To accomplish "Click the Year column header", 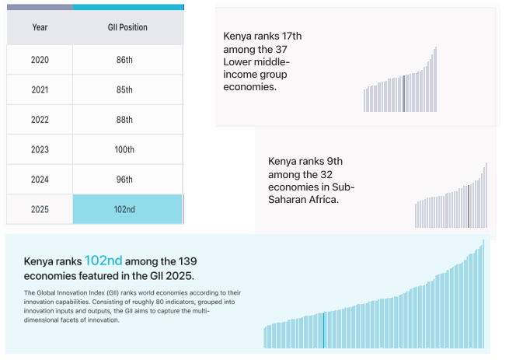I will click(40, 27).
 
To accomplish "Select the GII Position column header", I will click(127, 27).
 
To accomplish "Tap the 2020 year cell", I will click(40, 60).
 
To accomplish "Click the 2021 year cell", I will click(40, 89).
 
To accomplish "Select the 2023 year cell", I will click(40, 149).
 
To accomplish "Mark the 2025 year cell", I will click(40, 210).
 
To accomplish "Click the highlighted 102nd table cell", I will click(127, 210).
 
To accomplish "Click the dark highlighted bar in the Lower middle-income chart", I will click(404, 94).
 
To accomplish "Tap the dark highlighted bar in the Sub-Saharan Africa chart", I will click(469, 206).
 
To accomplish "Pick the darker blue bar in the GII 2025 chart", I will click(323, 330).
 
